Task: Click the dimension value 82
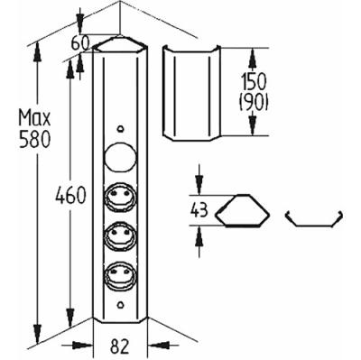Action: (x=120, y=346)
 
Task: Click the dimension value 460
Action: (x=70, y=196)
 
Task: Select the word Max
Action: (x=34, y=118)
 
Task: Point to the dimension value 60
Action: (x=80, y=44)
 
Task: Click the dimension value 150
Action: (x=254, y=82)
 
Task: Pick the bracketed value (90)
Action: (x=254, y=103)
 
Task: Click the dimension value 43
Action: (x=199, y=210)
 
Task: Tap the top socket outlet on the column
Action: (x=120, y=196)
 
